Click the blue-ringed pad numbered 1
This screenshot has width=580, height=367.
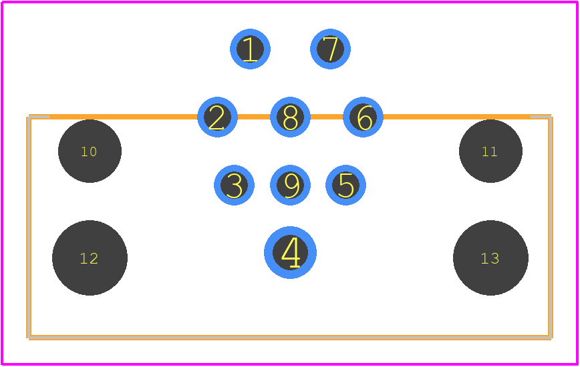click(x=250, y=49)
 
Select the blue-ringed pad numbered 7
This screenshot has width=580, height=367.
click(x=330, y=49)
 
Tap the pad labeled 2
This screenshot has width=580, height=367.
click(x=218, y=117)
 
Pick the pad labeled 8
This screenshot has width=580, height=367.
click(x=291, y=117)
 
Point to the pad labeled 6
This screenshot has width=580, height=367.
click(x=364, y=117)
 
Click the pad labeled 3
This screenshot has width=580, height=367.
click(x=234, y=185)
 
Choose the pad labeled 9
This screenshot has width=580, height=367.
click(x=291, y=185)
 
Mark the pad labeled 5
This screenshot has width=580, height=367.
click(x=346, y=185)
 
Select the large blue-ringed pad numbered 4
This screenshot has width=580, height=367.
click(x=291, y=252)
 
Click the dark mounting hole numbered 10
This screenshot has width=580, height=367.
click(x=90, y=151)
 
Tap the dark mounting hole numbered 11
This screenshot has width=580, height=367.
click(x=491, y=151)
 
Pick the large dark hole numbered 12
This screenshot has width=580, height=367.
click(x=90, y=258)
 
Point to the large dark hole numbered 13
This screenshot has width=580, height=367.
click(x=491, y=258)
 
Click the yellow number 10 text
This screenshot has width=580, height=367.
click(x=89, y=151)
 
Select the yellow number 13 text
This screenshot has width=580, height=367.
click(x=490, y=258)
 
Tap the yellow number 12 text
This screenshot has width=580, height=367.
click(x=89, y=258)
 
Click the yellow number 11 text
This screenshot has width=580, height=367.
click(x=489, y=151)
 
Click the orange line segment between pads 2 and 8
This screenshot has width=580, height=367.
click(x=254, y=117)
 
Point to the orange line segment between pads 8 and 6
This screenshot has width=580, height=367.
click(x=327, y=117)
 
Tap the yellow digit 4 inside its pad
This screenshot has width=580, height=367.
click(x=291, y=252)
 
